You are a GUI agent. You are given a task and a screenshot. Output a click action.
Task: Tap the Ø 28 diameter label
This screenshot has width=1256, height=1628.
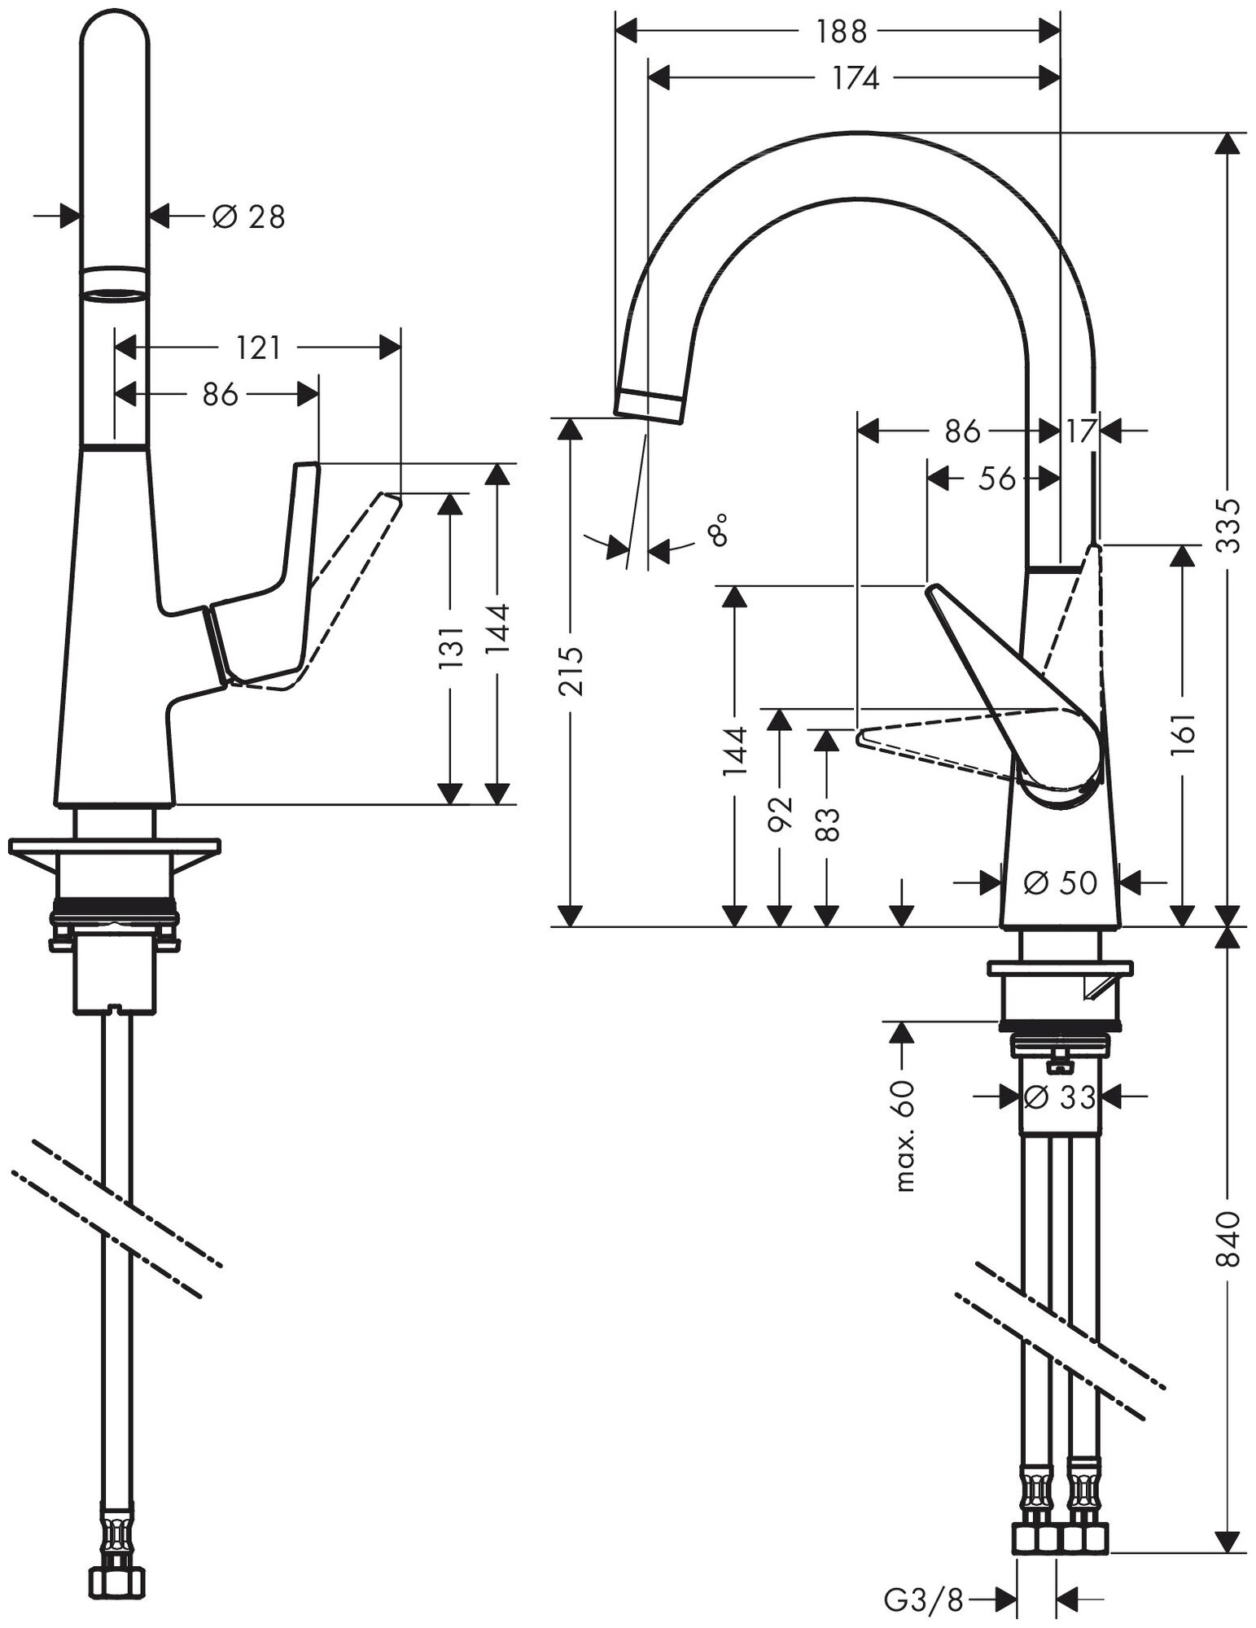[x=248, y=217]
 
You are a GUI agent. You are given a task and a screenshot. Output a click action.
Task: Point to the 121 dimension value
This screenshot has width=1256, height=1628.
[x=257, y=348]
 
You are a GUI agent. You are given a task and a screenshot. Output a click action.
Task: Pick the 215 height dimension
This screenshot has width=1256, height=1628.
[x=574, y=672]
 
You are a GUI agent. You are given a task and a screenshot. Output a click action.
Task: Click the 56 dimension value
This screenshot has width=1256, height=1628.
[x=996, y=479]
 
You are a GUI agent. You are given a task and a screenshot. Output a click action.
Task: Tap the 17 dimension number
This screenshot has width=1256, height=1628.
[x=1081, y=431]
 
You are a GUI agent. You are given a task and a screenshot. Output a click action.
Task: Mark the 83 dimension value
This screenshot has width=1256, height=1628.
[x=826, y=824]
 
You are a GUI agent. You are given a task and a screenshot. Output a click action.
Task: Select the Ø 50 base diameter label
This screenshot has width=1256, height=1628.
[x=1060, y=881]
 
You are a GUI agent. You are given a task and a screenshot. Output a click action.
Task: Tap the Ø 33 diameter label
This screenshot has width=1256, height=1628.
[x=1060, y=1097]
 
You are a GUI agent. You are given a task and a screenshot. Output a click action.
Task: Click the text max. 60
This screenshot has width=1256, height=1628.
[x=904, y=1136]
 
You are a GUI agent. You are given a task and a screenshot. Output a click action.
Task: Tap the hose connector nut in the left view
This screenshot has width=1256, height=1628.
[x=117, y=1581]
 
